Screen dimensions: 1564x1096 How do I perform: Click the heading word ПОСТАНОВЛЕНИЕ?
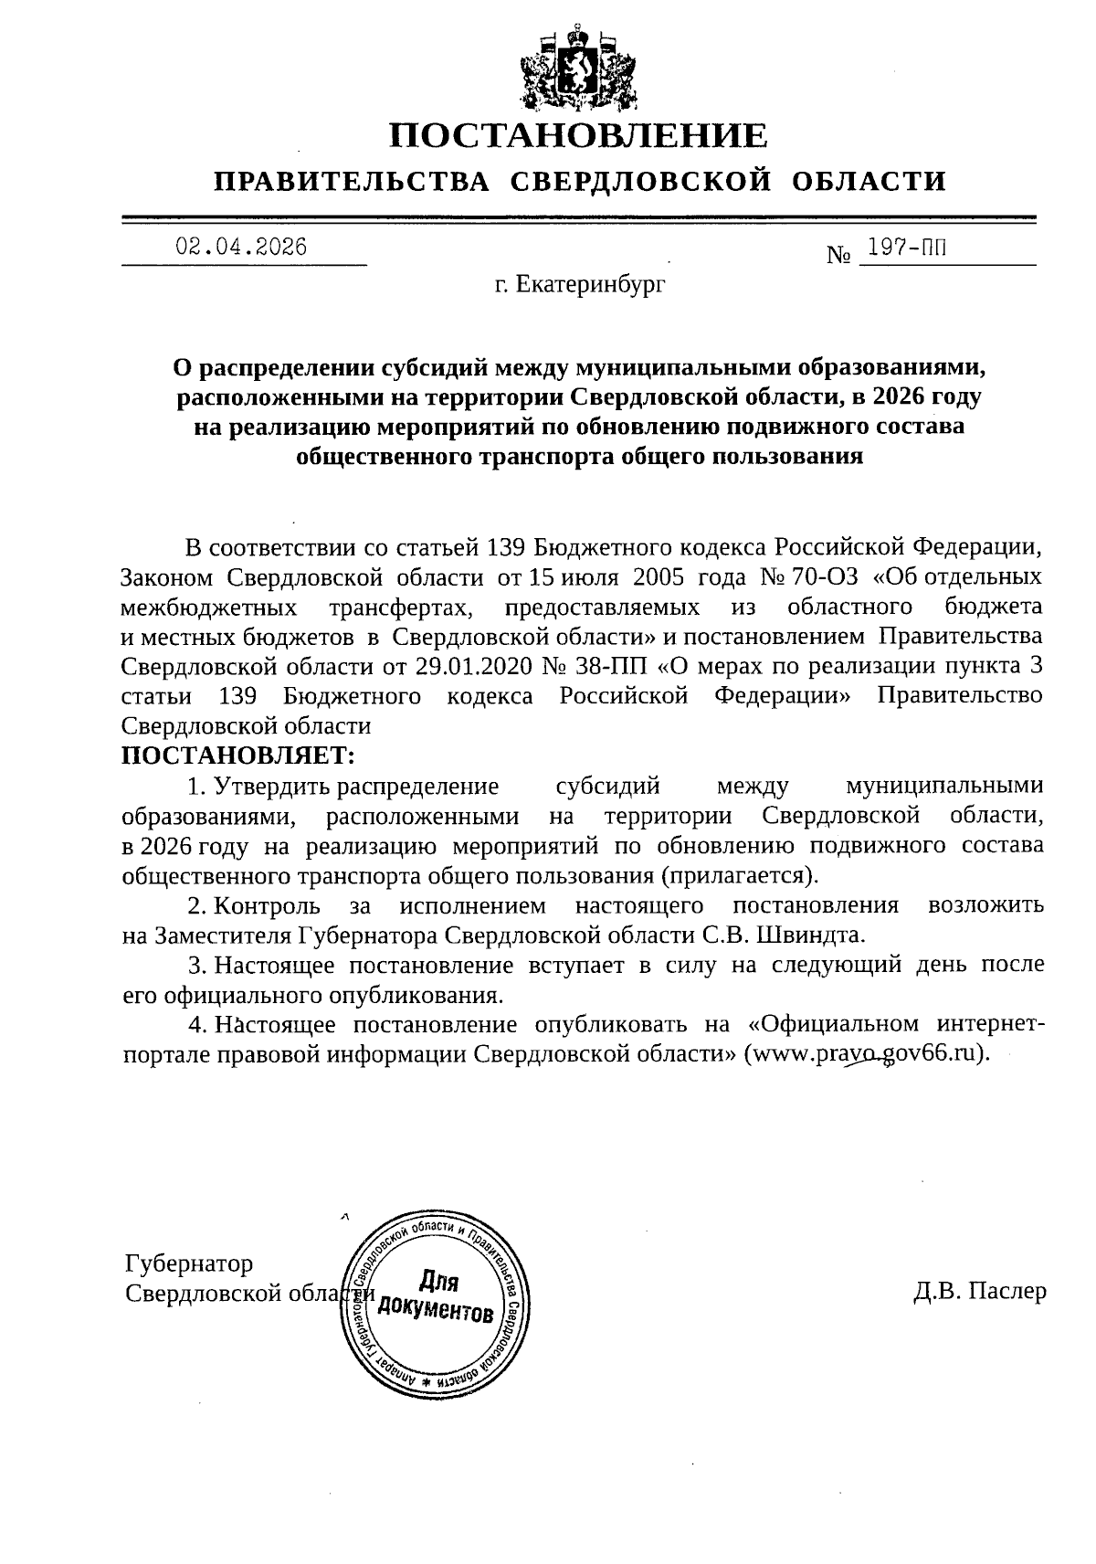579,135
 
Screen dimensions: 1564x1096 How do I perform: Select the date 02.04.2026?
242,247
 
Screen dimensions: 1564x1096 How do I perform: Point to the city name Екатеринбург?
591,286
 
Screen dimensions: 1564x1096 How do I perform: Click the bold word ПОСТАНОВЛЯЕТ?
238,756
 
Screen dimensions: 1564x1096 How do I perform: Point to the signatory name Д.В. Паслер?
979,1291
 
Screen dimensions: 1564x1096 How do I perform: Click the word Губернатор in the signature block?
189,1263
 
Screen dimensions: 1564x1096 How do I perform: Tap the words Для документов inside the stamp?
437,1297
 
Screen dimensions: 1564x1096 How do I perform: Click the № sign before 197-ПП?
838,254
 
